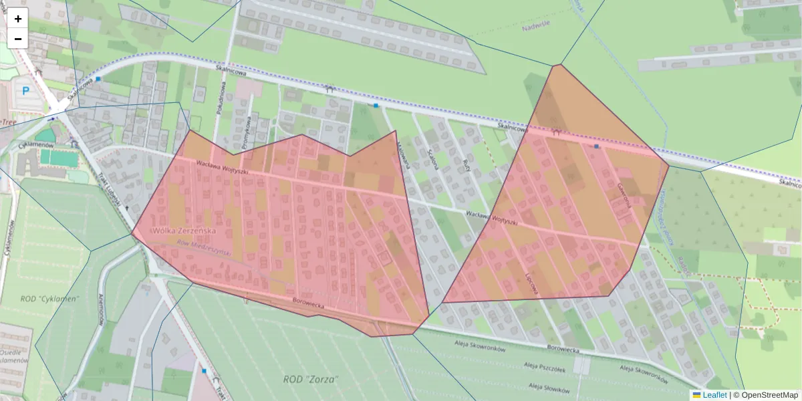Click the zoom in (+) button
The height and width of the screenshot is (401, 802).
pyautogui.click(x=18, y=19)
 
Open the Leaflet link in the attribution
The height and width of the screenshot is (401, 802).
pyautogui.click(x=714, y=395)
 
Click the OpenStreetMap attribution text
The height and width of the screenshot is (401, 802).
pyautogui.click(x=769, y=395)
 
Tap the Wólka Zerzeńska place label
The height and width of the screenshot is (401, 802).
pyautogui.click(x=185, y=230)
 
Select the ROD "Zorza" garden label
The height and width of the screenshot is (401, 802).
pyautogui.click(x=311, y=379)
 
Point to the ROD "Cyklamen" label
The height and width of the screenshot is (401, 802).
pyautogui.click(x=49, y=299)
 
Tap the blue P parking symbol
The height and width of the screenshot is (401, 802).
pyautogui.click(x=26, y=90)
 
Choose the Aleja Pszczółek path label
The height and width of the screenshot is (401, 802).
pyautogui.click(x=545, y=370)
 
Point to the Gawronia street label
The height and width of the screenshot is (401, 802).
pyautogui.click(x=624, y=194)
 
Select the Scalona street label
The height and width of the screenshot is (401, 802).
pyautogui.click(x=432, y=159)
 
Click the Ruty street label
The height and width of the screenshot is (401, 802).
pyautogui.click(x=466, y=166)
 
